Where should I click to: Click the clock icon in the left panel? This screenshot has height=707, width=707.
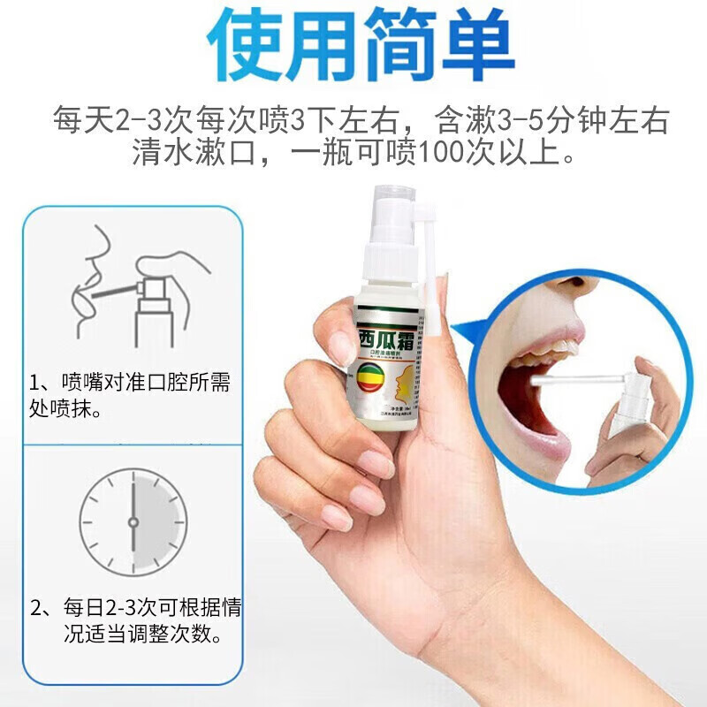[x=133, y=521]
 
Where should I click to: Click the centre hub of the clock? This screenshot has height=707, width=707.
[x=133, y=521]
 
